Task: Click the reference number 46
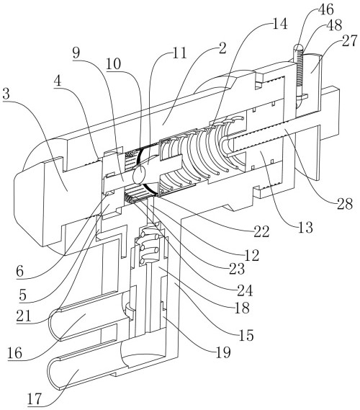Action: tap(325, 9)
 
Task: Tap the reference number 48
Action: tap(334, 25)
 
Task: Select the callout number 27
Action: tap(348, 41)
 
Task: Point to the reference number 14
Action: tap(280, 24)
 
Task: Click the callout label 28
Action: tap(345, 204)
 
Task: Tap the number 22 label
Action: tap(261, 231)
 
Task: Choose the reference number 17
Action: tap(35, 399)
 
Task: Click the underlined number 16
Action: tap(14, 353)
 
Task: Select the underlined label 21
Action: tap(24, 316)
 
